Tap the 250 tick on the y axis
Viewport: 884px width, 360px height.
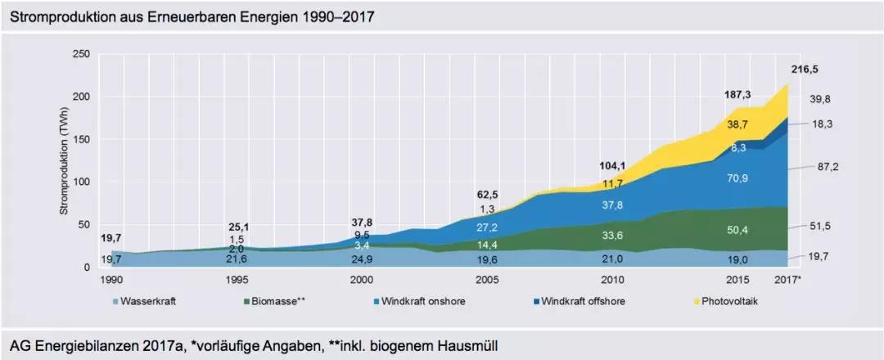(x=81, y=54)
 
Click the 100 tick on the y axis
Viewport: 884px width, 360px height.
(x=81, y=182)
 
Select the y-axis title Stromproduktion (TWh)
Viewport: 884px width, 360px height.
(x=63, y=160)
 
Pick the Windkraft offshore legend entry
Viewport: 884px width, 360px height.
(x=583, y=301)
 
